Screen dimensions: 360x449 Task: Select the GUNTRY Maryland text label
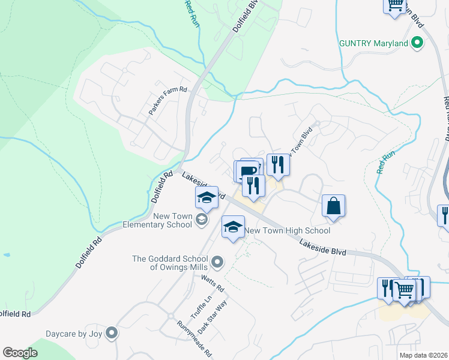coord(373,44)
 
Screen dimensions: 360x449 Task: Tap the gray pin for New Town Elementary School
coord(202,221)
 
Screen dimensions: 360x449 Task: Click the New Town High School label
coord(288,230)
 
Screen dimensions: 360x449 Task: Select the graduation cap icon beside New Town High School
coord(234,227)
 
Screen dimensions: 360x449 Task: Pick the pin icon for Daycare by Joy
coord(110,333)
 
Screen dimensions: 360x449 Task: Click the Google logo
coord(20,353)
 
